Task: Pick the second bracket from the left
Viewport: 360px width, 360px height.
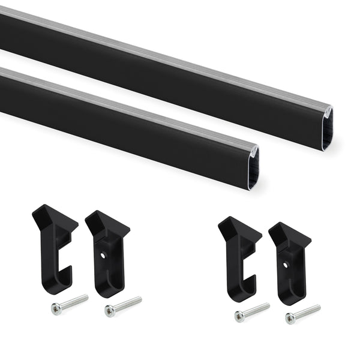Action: coord(108,252)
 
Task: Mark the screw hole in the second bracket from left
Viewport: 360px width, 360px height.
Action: coord(104,254)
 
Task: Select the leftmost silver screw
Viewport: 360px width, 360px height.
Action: coord(69,304)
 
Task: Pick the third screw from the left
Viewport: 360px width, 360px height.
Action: coord(252,311)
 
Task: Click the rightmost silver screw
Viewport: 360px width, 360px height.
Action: coord(303,313)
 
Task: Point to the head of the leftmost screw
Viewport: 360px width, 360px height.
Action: coord(56,308)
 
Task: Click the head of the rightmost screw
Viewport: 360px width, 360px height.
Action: coord(290,318)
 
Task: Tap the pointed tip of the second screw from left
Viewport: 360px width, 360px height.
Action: coord(140,298)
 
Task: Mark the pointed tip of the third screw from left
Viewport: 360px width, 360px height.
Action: coord(268,305)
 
